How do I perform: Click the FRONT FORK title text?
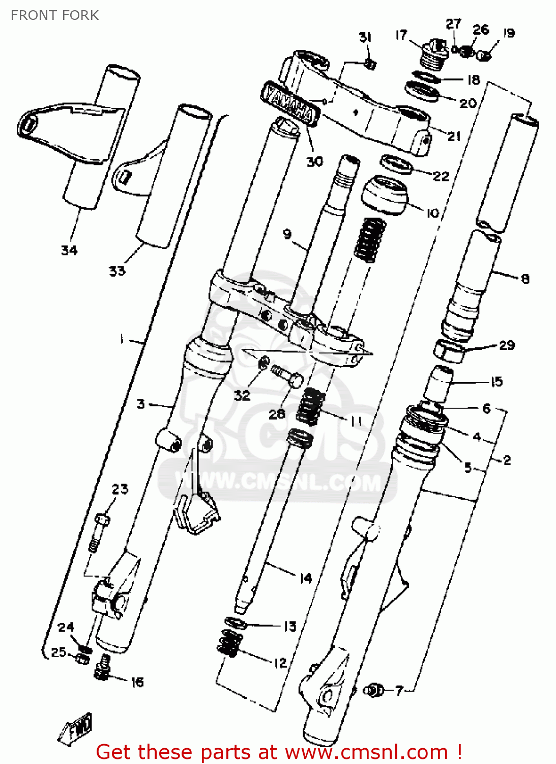click(x=54, y=15)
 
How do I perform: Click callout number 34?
click(x=69, y=250)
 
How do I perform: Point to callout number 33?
click(x=117, y=271)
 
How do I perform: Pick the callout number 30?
click(x=314, y=161)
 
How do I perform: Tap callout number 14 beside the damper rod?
click(x=305, y=578)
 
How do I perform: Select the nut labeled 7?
click(x=375, y=690)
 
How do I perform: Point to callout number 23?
click(x=120, y=489)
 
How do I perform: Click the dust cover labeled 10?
click(x=385, y=195)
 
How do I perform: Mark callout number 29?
click(x=507, y=345)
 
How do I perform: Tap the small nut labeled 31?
click(x=371, y=64)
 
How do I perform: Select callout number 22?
click(x=441, y=176)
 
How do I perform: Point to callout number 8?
click(x=525, y=279)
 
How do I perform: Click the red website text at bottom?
click(x=279, y=752)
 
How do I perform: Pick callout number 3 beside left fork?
click(x=141, y=404)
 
